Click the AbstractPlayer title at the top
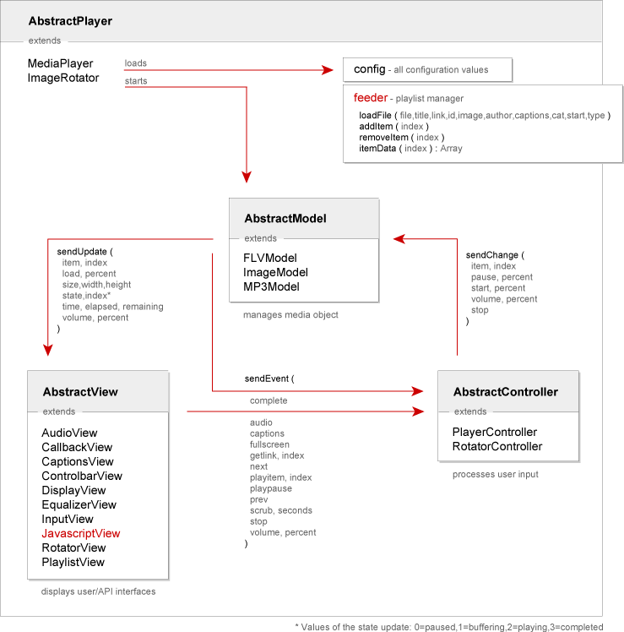70,20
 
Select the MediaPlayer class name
61,63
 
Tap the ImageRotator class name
63,78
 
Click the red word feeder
371,98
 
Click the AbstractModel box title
285,218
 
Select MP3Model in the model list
271,286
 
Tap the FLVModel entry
270,258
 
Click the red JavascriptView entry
81,533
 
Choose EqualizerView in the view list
79,504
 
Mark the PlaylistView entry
73,562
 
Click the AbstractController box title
505,392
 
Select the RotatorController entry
497,446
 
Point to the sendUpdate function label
82,252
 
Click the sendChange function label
492,255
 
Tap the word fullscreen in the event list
269,444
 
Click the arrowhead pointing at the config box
329,70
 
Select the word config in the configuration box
370,68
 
